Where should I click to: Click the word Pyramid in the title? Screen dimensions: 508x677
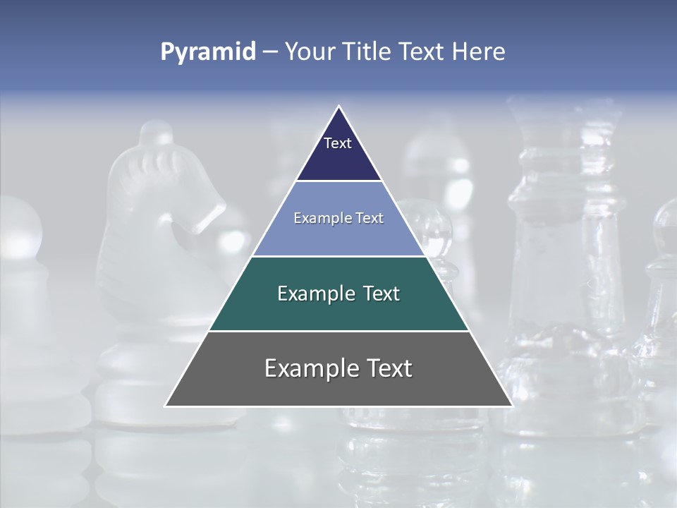click(208, 52)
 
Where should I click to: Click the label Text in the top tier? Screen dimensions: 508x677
click(338, 143)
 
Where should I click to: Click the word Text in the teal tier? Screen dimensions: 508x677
click(377, 294)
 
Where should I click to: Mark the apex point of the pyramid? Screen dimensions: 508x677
click(338, 107)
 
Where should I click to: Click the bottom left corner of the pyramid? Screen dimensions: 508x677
click(166, 406)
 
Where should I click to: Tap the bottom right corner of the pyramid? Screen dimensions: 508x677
click(511, 406)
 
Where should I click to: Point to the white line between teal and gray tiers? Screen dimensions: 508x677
click(338, 331)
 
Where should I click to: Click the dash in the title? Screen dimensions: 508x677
click(270, 52)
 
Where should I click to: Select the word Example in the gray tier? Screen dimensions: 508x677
click(308, 368)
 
